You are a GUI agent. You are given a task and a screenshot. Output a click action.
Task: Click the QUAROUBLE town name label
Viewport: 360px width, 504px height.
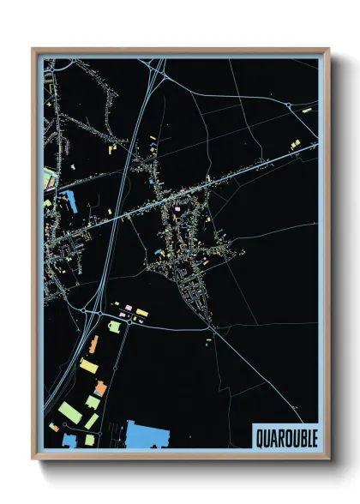tap(285, 438)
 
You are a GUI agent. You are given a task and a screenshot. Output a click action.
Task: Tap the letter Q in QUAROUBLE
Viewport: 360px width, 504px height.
tap(259, 438)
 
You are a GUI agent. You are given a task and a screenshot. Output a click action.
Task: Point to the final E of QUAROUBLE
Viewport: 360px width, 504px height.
tap(313, 438)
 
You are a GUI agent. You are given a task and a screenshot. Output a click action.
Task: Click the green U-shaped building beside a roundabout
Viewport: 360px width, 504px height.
tap(114, 326)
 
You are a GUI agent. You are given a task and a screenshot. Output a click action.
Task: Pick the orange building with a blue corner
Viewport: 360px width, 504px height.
tap(100, 388)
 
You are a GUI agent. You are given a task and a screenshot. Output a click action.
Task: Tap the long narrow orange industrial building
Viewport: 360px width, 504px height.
tap(93, 345)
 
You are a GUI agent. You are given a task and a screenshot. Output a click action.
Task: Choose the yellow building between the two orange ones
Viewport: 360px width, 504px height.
tap(89, 366)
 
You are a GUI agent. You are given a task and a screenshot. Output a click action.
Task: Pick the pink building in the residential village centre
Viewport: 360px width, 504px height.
tap(177, 208)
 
